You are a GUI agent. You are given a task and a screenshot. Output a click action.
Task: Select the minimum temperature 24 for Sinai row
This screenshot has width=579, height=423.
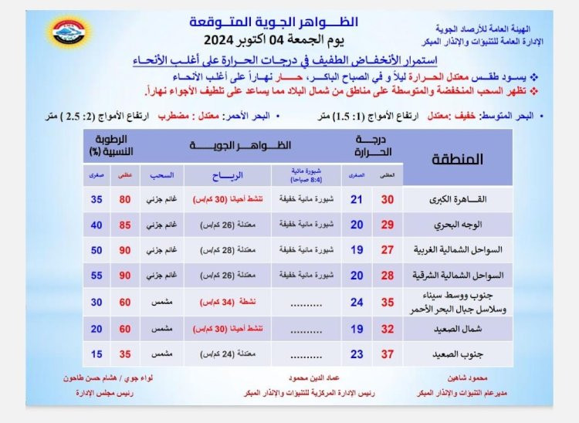coord(356,302)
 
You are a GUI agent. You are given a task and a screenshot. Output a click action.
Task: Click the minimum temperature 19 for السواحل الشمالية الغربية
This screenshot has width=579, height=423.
coord(356,250)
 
